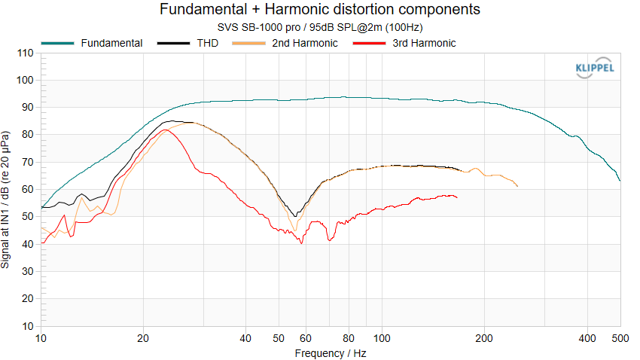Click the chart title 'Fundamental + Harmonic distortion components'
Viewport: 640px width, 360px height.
click(x=320, y=10)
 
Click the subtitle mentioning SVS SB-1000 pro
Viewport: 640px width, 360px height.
click(x=320, y=27)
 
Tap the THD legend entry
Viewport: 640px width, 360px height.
click(x=209, y=43)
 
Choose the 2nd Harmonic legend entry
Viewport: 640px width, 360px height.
click(x=304, y=43)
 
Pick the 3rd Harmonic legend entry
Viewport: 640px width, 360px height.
click(x=424, y=43)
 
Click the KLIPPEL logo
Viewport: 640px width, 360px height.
click(x=594, y=69)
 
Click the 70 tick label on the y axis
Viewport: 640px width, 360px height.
click(x=27, y=163)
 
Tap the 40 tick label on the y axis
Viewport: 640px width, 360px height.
click(x=27, y=244)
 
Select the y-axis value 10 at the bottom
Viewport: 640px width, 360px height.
click(x=27, y=326)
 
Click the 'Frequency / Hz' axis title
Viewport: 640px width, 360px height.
click(x=331, y=352)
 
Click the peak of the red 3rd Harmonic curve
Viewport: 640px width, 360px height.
click(x=166, y=130)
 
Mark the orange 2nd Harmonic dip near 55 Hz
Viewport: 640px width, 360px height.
click(x=294, y=230)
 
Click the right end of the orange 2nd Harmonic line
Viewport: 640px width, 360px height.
click(x=518, y=186)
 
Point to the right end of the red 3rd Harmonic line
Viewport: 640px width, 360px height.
click(x=457, y=197)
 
